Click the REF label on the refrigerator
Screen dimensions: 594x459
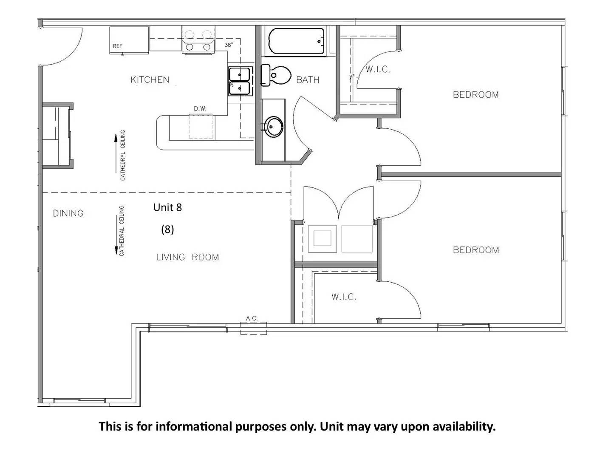point(118,46)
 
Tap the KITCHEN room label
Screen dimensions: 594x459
point(150,80)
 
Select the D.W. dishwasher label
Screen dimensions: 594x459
point(200,109)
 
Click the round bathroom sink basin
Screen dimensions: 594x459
point(273,127)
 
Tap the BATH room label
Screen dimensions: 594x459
point(308,80)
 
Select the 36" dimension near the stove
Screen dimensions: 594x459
point(229,45)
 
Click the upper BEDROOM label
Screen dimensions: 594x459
point(475,95)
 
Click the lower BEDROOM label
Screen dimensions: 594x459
point(475,250)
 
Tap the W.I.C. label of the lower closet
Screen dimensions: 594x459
point(344,297)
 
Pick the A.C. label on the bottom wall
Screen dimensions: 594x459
point(252,318)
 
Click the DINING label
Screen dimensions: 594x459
point(68,213)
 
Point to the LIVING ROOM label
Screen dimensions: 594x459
point(187,257)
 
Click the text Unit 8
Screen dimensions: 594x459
point(167,207)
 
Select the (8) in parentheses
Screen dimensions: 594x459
point(167,229)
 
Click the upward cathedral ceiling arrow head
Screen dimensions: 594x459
point(116,138)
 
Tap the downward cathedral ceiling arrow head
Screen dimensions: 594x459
point(116,250)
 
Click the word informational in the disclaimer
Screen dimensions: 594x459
point(194,426)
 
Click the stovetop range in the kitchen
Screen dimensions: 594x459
point(198,40)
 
